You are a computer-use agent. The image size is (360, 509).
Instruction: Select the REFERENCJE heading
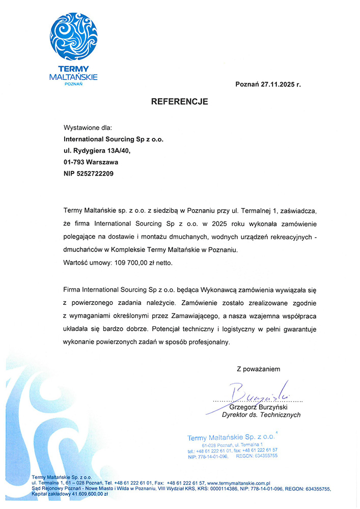click(180, 102)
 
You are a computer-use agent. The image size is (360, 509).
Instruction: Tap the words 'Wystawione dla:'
click(87, 128)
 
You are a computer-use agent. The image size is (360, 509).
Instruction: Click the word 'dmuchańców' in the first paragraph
click(82, 250)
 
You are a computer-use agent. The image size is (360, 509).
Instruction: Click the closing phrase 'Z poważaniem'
click(258, 369)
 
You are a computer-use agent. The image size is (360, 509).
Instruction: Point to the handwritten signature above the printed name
click(260, 392)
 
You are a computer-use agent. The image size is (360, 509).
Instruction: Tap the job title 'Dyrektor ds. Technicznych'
click(261, 415)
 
